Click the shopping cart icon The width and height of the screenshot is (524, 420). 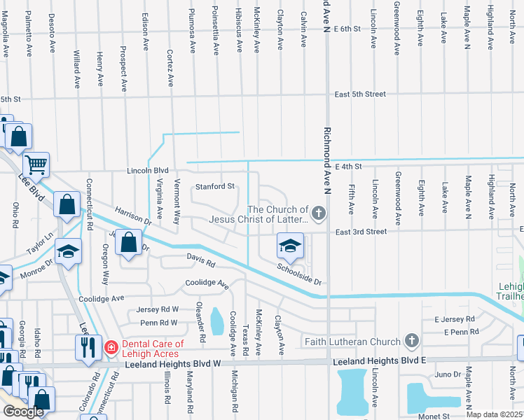(36, 165)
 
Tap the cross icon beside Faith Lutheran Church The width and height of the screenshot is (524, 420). (412, 342)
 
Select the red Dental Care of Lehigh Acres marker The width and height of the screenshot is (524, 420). (111, 347)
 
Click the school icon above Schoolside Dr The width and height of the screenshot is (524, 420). (290, 246)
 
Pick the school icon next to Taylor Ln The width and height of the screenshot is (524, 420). (68, 251)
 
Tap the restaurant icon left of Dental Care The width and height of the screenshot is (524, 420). (88, 346)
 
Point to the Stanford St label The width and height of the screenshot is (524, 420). (214, 186)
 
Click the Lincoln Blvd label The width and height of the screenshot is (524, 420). (149, 170)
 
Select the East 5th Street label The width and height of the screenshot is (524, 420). (360, 94)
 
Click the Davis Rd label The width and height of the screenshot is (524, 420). (199, 260)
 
